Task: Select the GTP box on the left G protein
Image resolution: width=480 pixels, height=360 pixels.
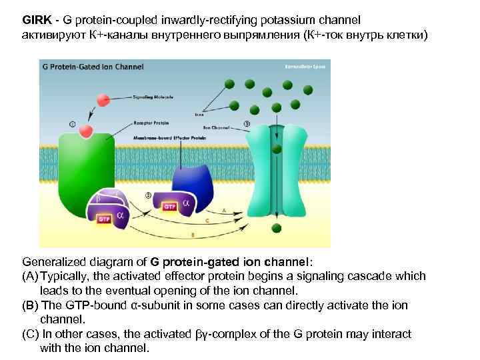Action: pos(104,218)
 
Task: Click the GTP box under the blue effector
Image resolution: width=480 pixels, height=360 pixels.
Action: pos(171,207)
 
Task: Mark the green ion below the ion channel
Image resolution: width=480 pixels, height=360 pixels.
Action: pos(276,229)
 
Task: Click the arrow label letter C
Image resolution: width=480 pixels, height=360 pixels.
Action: pos(208,220)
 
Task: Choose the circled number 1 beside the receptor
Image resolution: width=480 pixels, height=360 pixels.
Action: pos(73,123)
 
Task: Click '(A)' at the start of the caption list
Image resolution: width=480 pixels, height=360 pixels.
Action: pos(29,276)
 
